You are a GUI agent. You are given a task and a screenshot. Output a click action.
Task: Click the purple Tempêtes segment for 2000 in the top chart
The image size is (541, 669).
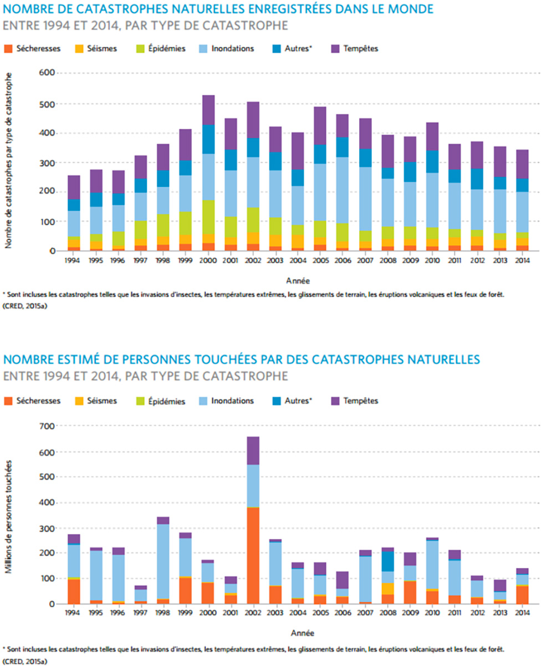(x=208, y=110)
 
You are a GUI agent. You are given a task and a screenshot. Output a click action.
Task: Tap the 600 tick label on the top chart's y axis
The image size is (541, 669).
(x=48, y=73)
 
